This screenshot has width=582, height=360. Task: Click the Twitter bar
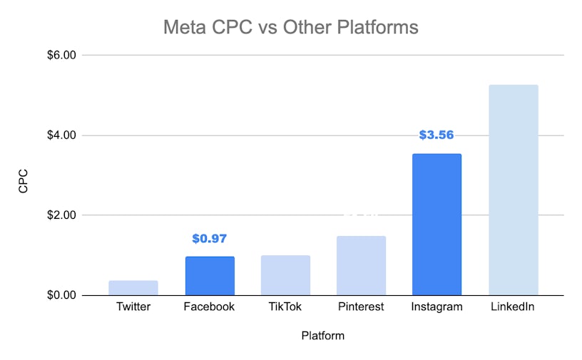pyautogui.click(x=133, y=288)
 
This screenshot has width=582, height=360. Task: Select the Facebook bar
pyautogui.click(x=210, y=276)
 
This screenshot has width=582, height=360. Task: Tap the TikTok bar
pyautogui.click(x=285, y=275)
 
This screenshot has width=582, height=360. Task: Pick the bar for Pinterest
pyautogui.click(x=362, y=266)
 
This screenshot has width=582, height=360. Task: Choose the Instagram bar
pyautogui.click(x=437, y=225)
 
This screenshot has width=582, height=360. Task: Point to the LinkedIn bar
pyautogui.click(x=514, y=190)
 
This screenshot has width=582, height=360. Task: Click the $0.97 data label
pyautogui.click(x=210, y=239)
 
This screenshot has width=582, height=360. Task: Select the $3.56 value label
pyautogui.click(x=436, y=135)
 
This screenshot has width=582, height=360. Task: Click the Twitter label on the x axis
pyautogui.click(x=133, y=307)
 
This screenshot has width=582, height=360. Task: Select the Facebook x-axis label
pyautogui.click(x=210, y=307)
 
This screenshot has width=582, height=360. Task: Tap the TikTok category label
pyautogui.click(x=285, y=307)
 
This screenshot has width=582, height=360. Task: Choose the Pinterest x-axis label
pyautogui.click(x=362, y=307)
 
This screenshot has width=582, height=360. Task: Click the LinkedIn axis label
pyautogui.click(x=514, y=307)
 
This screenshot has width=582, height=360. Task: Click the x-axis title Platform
pyautogui.click(x=323, y=336)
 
